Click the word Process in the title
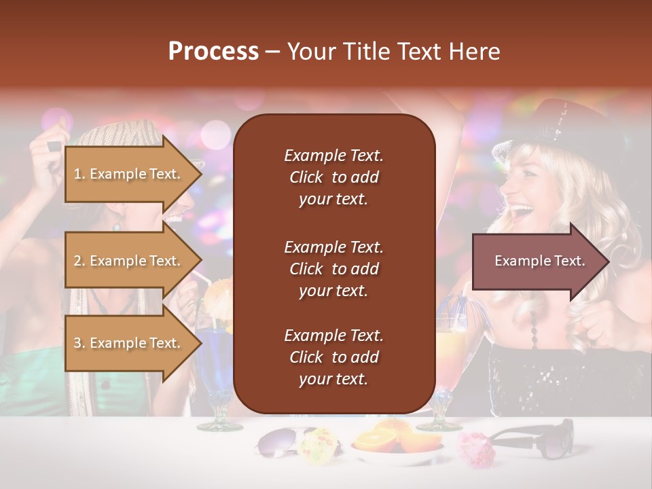pos(213,52)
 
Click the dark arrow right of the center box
pos(540,261)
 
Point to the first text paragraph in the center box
pos(333,177)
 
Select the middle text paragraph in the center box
pos(333,268)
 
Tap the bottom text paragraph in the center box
pos(333,357)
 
